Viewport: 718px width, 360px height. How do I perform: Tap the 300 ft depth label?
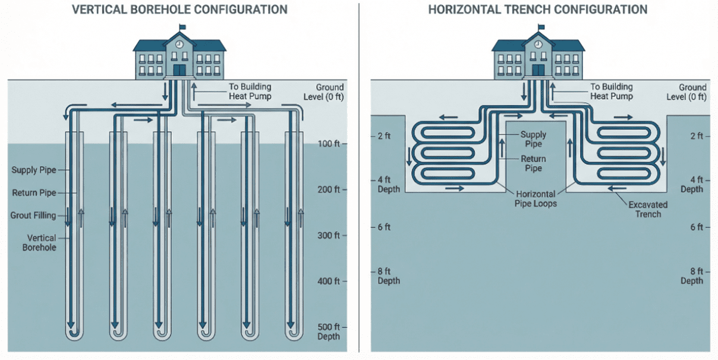pos(328,235)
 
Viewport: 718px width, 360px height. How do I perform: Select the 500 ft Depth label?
pos(328,331)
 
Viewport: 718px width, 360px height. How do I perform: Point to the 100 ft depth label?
pos(328,144)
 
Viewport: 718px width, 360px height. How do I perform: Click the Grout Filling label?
pos(33,215)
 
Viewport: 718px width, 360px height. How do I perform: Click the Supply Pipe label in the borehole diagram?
pos(34,170)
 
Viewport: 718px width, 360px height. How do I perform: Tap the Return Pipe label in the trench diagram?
pos(533,163)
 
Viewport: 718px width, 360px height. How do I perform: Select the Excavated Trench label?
pos(648,209)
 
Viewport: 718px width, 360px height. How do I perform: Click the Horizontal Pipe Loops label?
pos(536,198)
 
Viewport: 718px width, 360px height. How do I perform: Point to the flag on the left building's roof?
pos(182,27)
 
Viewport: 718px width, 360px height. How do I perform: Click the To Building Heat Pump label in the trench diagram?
pos(611,91)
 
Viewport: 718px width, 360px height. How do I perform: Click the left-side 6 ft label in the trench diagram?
pos(384,227)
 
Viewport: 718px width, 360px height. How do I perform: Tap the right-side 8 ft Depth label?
pos(692,276)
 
